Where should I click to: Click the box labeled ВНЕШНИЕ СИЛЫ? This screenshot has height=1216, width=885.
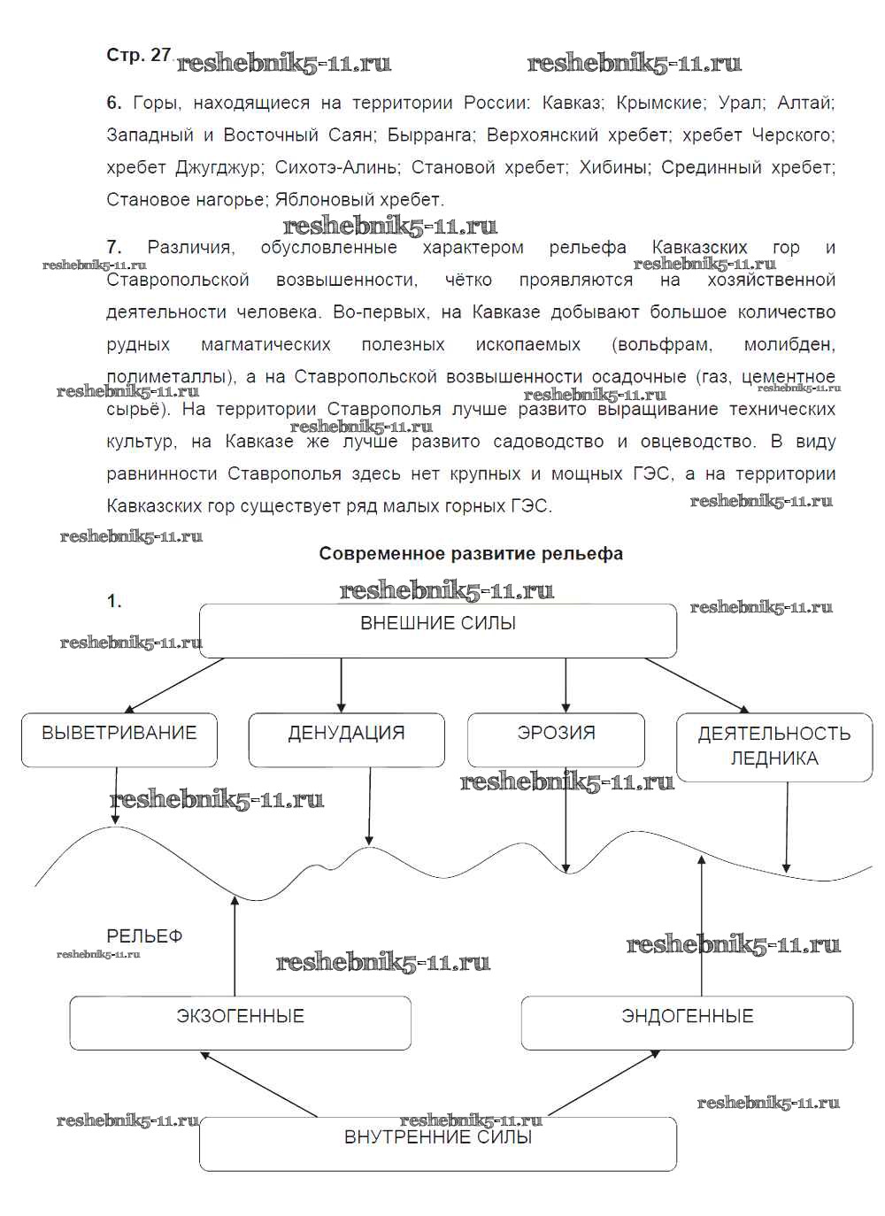[x=438, y=630]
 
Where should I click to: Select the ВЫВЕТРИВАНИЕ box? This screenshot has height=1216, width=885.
[x=119, y=740]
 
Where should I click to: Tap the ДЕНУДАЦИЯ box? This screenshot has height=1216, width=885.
[x=346, y=740]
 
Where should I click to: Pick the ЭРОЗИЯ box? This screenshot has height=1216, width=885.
[x=556, y=740]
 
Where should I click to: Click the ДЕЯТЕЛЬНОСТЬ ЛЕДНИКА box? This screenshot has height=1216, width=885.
[x=774, y=747]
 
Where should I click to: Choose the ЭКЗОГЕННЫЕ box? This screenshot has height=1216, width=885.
[x=240, y=1022]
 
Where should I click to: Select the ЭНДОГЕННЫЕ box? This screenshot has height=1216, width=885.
[x=687, y=1022]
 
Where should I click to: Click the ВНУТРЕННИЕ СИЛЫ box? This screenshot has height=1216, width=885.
[x=438, y=1143]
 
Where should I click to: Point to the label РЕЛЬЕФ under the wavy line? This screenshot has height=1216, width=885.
[x=144, y=935]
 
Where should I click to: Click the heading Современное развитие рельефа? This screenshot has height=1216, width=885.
[x=471, y=553]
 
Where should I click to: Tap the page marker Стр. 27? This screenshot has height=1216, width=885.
[x=138, y=55]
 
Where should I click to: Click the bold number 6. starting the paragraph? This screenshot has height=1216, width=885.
[x=114, y=103]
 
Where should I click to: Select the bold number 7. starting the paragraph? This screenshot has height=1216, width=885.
[x=114, y=248]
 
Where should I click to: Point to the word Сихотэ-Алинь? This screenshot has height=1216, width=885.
[x=336, y=167]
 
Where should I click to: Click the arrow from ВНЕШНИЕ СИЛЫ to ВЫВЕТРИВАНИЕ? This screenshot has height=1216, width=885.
[x=174, y=685]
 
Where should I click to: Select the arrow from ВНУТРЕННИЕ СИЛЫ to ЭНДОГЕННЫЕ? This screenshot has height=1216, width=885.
[x=604, y=1082]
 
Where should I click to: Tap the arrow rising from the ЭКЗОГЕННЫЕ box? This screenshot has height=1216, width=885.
[x=235, y=947]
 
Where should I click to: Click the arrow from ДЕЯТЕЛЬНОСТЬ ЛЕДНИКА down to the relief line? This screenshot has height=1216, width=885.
[x=787, y=827]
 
